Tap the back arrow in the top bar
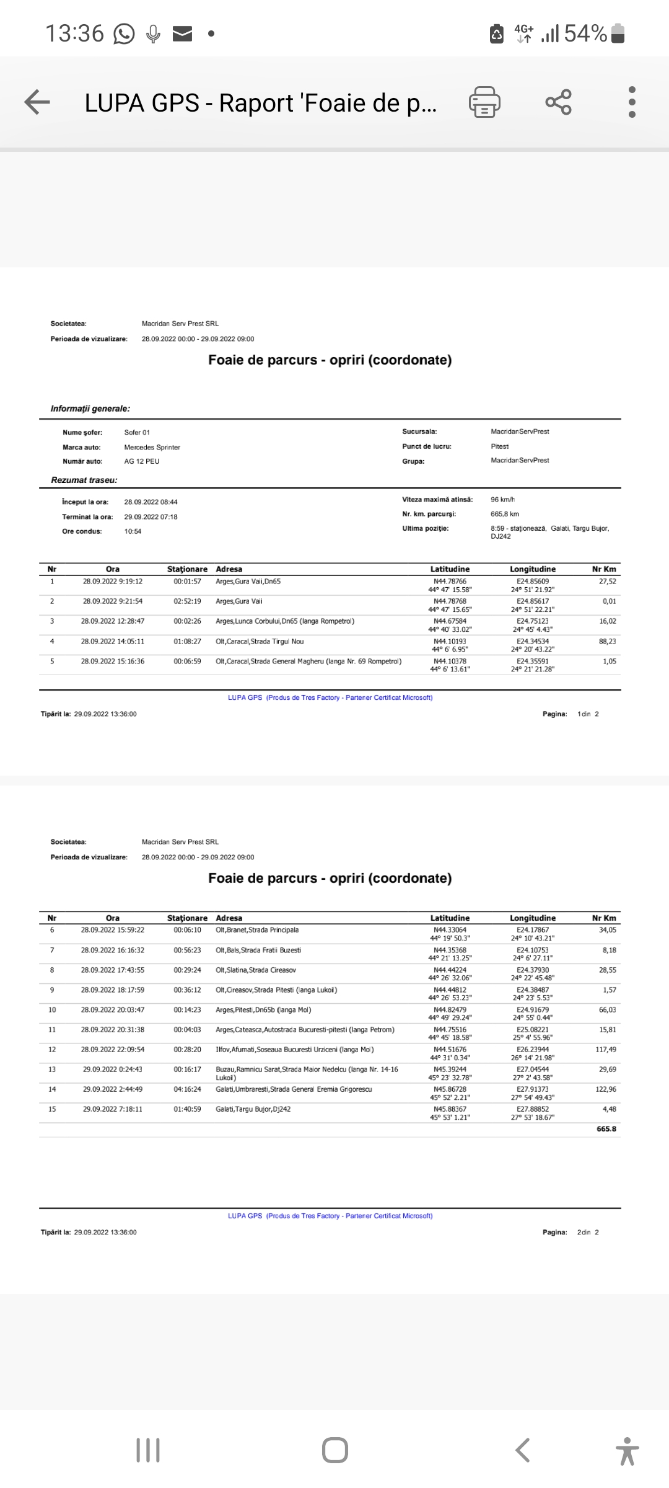point(37,102)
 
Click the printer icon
point(484,102)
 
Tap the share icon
point(558,102)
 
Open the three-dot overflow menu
point(632,102)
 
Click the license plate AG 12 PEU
point(142,461)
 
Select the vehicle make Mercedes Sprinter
point(152,447)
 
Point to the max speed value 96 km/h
point(502,500)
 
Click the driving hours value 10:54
point(133,531)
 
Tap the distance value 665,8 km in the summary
point(505,514)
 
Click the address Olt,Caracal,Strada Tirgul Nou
point(260,642)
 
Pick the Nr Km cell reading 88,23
point(607,642)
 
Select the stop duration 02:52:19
point(187,601)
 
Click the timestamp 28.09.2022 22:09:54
point(113,1050)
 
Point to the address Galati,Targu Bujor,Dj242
point(253,1109)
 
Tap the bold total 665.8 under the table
point(606,1129)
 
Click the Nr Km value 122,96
point(606,1089)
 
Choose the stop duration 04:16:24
point(187,1089)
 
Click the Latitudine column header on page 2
point(450,918)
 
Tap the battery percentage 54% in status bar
point(585,33)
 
